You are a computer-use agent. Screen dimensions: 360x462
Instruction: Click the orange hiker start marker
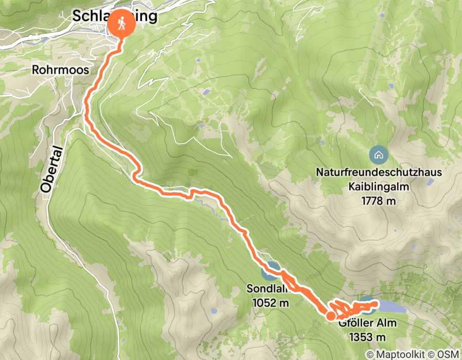pos(121,24)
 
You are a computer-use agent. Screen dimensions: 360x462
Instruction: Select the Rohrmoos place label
pos(60,70)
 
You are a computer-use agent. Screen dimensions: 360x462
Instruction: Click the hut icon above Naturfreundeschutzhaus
pos(378,154)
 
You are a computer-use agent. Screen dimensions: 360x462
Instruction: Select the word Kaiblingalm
pos(378,187)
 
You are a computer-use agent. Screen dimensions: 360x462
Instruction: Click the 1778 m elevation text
pos(378,201)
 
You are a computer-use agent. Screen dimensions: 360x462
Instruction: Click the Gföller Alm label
pos(362,323)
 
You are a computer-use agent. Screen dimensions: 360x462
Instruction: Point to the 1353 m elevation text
pos(367,337)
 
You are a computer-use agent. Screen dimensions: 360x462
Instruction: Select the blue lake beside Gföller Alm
pos(391,307)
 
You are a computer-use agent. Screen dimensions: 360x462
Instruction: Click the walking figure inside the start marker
pos(121,24)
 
